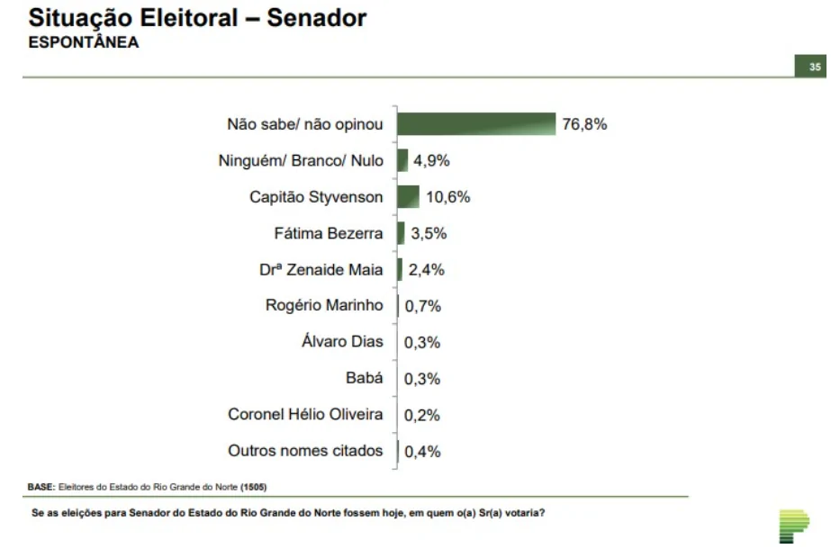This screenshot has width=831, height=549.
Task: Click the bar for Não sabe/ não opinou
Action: click(x=475, y=124)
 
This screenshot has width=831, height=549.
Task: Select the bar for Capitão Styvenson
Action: click(x=408, y=197)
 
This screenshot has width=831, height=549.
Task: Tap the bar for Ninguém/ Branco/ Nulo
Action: click(x=402, y=161)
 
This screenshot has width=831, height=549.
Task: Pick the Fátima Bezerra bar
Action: click(x=401, y=233)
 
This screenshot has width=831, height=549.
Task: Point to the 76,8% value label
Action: click(x=585, y=124)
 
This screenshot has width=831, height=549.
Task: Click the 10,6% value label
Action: click(x=448, y=197)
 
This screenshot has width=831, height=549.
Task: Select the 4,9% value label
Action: click(x=431, y=161)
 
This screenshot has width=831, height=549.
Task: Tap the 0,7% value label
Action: click(x=423, y=306)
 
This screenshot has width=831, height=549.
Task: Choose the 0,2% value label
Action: click(x=423, y=415)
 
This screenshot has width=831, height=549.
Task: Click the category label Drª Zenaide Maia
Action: click(x=321, y=270)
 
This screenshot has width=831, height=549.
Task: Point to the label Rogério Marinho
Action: click(x=324, y=306)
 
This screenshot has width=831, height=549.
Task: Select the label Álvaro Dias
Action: click(x=342, y=342)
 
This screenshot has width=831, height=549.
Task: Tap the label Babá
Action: click(x=365, y=378)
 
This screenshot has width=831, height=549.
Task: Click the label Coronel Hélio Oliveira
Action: click(x=305, y=415)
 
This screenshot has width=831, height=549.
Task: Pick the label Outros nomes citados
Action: click(x=305, y=451)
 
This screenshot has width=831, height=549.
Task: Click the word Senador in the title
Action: click(x=317, y=18)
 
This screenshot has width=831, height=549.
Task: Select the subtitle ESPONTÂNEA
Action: click(x=85, y=42)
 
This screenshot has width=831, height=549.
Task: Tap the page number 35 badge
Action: click(x=814, y=67)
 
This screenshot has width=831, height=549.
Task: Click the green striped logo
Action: click(x=793, y=525)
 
